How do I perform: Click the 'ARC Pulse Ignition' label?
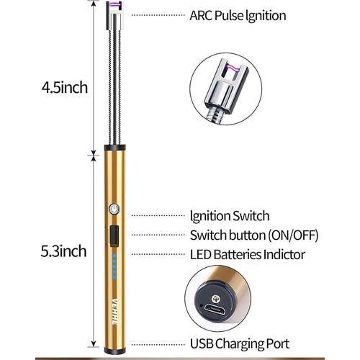pyautogui.click(x=238, y=16)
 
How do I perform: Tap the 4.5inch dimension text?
pyautogui.click(x=65, y=87)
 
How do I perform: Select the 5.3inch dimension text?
pyautogui.click(x=63, y=251)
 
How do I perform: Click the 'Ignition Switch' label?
pyautogui.click(x=230, y=216)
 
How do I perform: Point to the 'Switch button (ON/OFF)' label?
pyautogui.click(x=254, y=235)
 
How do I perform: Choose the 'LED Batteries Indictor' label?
pyautogui.click(x=248, y=254)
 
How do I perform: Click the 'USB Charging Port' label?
pyautogui.click(x=240, y=343)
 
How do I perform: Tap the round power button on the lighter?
pyautogui.click(x=114, y=209)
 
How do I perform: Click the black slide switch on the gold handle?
pyautogui.click(x=114, y=236)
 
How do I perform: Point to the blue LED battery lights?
pyautogui.click(x=114, y=266)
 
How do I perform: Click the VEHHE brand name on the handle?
pyautogui.click(x=114, y=312)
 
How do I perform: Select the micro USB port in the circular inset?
pyautogui.click(x=215, y=310)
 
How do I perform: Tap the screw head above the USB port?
pyautogui.click(x=215, y=299)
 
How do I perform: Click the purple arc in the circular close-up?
pyautogui.click(x=230, y=68)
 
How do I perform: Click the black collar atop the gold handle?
pyautogui.click(x=114, y=148)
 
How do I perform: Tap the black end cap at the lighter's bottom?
pyautogui.click(x=114, y=351)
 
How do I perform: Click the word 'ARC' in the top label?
pyautogui.click(x=201, y=15)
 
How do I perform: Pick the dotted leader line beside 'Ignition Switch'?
pyautogui.click(x=158, y=215)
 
